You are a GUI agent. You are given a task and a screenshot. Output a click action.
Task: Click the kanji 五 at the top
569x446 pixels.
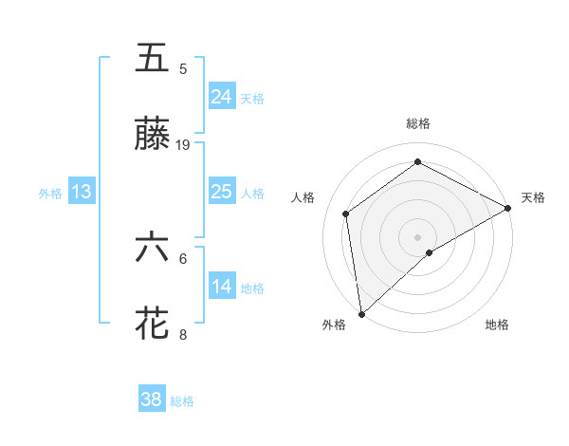click(x=153, y=58)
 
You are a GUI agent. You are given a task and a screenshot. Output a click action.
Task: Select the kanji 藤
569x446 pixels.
click(x=153, y=134)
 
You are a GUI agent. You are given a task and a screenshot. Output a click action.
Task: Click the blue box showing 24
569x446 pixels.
click(x=222, y=97)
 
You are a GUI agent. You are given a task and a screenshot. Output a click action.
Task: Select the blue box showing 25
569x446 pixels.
click(x=222, y=192)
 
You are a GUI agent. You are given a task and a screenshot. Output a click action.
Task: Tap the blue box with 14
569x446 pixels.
click(x=222, y=287)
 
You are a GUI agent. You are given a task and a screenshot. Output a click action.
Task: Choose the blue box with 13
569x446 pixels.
click(x=82, y=192)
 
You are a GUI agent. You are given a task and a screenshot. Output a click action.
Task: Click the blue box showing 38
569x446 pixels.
click(x=152, y=400)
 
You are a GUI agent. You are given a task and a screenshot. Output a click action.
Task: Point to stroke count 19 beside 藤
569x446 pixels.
click(x=183, y=145)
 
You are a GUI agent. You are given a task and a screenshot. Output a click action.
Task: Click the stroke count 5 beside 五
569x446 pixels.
click(x=183, y=68)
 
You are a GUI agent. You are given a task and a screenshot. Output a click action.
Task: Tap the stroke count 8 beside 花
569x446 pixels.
click(x=183, y=334)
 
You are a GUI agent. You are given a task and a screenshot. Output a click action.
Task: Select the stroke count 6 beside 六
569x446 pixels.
click(x=183, y=258)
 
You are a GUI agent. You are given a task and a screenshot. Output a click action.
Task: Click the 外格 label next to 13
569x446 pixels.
click(x=50, y=194)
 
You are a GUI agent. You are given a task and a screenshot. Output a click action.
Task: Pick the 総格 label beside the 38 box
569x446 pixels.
click(x=182, y=401)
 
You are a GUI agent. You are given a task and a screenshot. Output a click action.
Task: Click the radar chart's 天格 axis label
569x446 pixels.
click(x=533, y=197)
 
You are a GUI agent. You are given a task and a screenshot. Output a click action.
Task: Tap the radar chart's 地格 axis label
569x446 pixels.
click(x=497, y=325)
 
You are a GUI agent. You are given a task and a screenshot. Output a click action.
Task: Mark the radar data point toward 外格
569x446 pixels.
click(x=361, y=313)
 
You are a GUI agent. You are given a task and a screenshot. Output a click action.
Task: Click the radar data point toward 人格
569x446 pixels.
click(x=346, y=214)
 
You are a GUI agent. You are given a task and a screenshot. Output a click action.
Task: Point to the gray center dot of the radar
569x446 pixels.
click(x=417, y=235)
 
